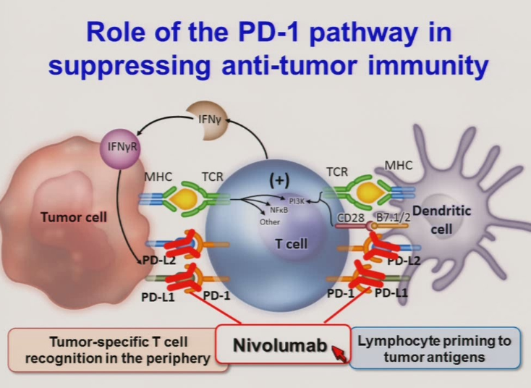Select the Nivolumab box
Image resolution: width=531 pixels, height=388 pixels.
coord(279,347)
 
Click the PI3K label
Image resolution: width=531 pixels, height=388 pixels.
coord(297,201)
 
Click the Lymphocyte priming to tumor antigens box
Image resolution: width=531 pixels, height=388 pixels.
coord(435,348)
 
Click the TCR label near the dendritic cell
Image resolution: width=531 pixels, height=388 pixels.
coord(339,174)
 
